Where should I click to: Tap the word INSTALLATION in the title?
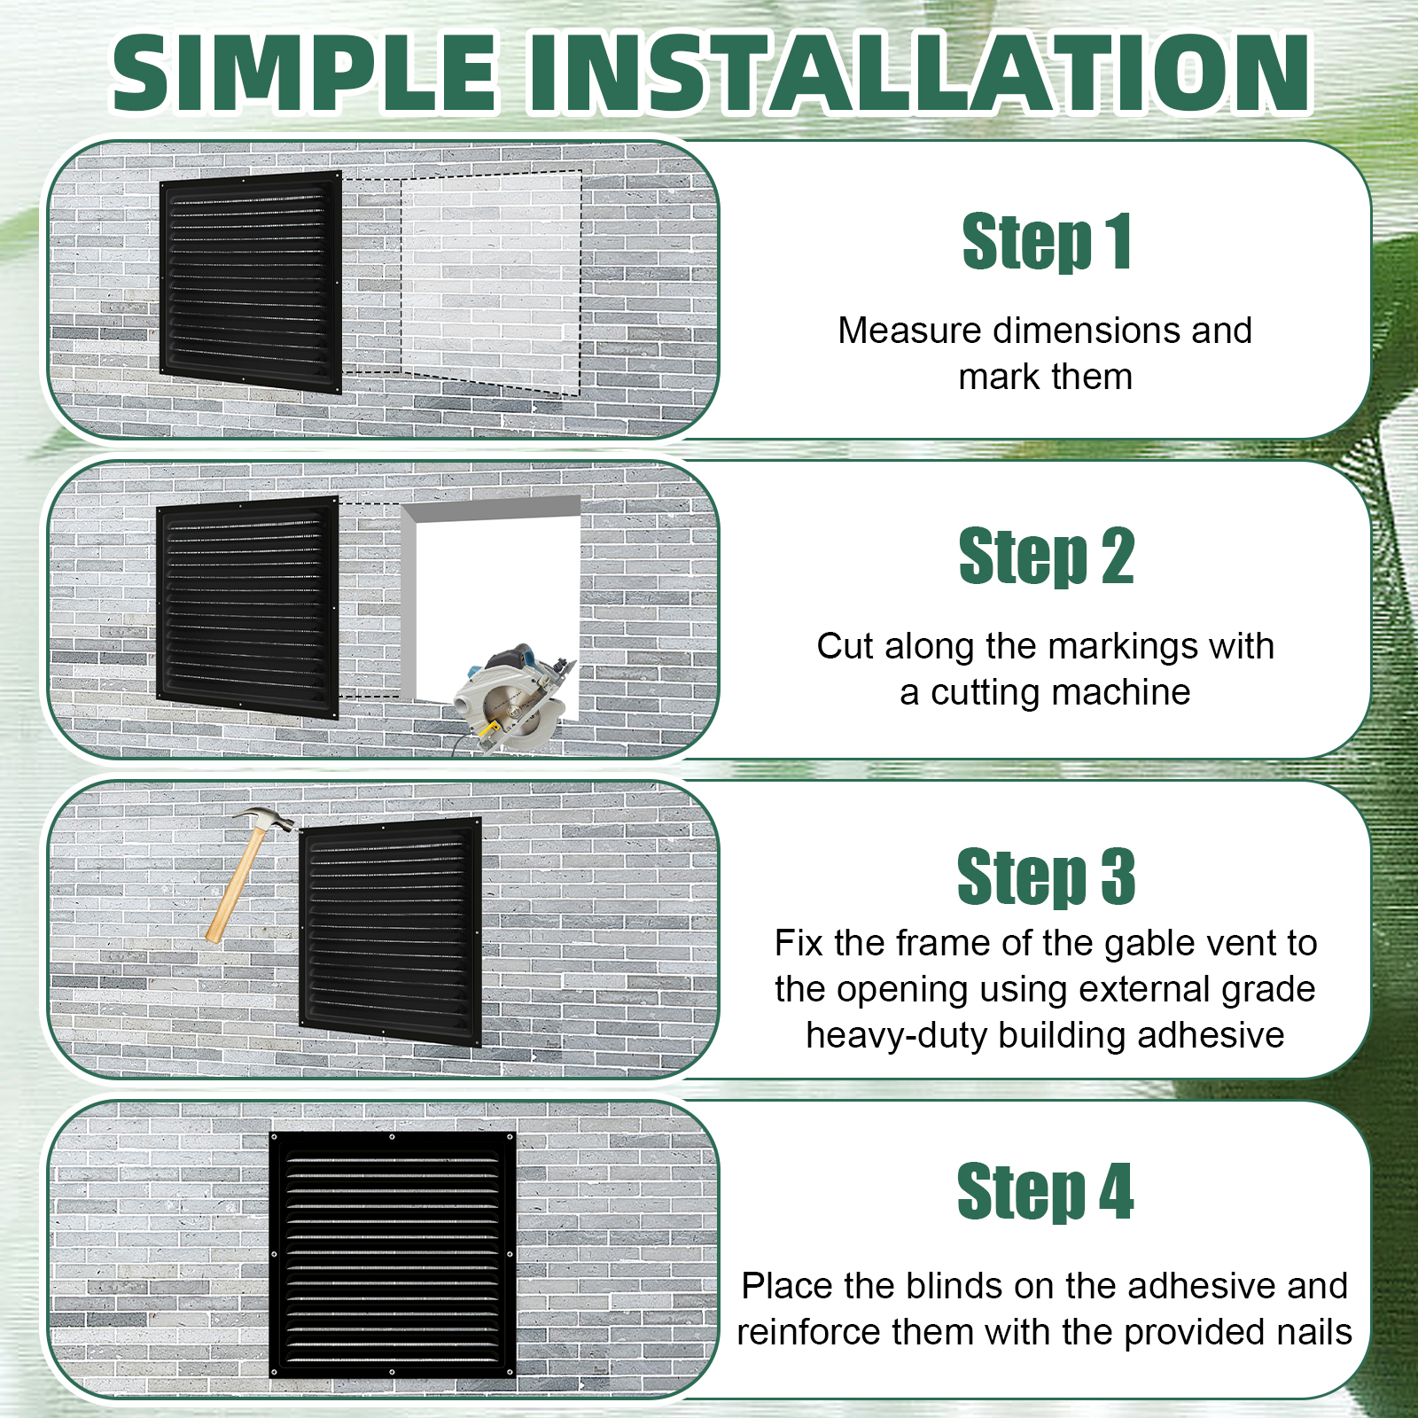tap(920, 73)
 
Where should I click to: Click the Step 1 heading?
tap(1047, 241)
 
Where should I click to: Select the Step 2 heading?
tap(1047, 556)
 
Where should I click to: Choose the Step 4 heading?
tap(1046, 1191)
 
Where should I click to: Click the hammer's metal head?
tap(265, 819)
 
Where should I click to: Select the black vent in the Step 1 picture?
tap(251, 282)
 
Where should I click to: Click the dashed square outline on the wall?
tap(491, 284)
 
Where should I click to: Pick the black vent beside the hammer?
tap(391, 931)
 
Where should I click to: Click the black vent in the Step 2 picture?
tap(247, 607)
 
